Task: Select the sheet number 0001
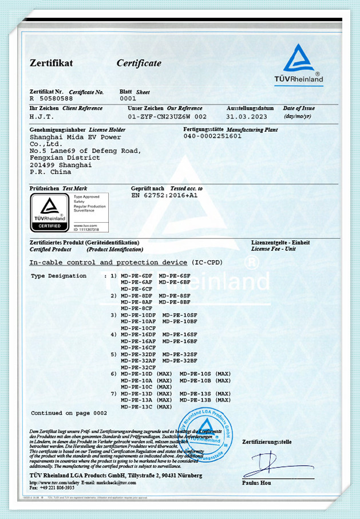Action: tap(128, 99)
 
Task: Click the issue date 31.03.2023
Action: tap(247, 116)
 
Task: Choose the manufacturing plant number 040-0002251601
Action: tap(212, 136)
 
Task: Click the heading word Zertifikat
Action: tap(51, 63)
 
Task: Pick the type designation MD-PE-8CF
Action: tap(136, 308)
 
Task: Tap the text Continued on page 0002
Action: tap(69, 413)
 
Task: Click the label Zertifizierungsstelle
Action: tap(267, 442)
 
